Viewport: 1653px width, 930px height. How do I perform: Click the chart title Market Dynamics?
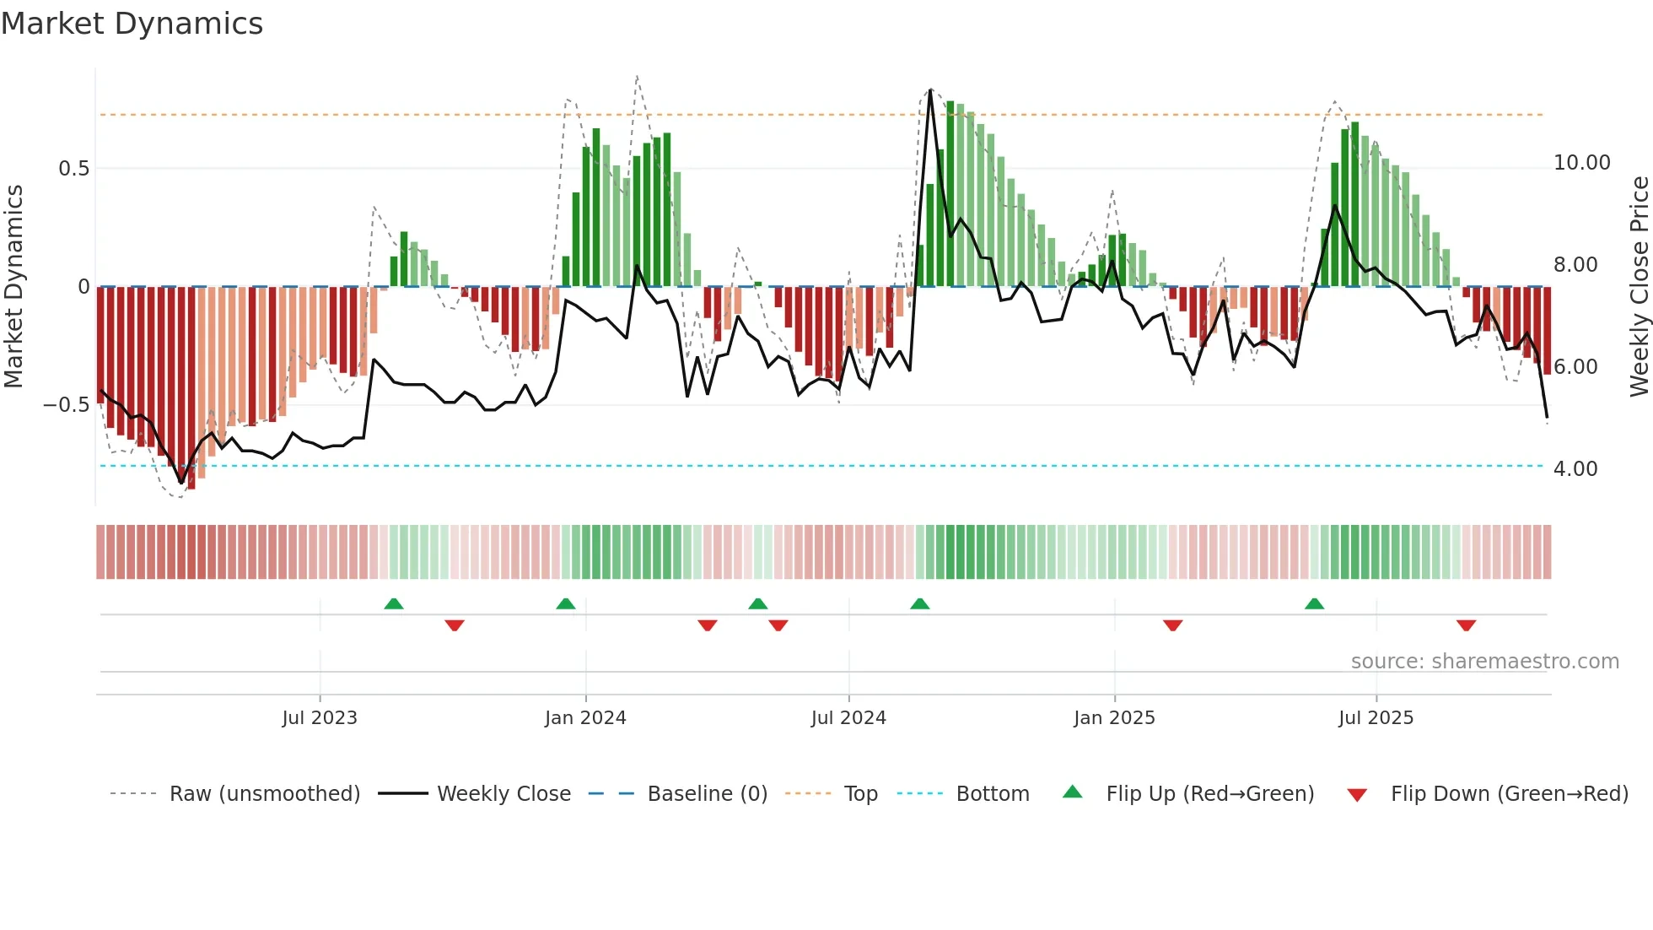coord(132,24)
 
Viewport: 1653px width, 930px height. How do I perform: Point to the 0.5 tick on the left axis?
coord(74,169)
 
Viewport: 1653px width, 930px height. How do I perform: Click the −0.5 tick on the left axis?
coord(67,405)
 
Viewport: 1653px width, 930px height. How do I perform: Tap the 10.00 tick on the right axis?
coord(1581,163)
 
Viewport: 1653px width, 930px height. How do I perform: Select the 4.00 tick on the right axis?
coord(1575,469)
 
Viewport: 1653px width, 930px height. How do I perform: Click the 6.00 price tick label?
coord(1575,367)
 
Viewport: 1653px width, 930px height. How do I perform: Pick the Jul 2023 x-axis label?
coord(320,718)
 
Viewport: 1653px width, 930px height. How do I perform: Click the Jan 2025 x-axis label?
coord(1114,718)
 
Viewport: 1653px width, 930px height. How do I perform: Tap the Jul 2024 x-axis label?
coord(848,718)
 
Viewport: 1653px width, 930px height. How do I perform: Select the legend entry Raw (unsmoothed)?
coord(264,794)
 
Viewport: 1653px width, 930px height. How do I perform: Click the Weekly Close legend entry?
coord(503,794)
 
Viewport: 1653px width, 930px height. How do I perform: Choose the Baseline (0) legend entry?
coord(707,794)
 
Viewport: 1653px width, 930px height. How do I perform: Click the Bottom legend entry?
coord(992,794)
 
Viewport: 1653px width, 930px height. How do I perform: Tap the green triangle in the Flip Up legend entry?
coord(1072,792)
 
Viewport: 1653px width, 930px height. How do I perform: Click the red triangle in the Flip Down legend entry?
coord(1357,795)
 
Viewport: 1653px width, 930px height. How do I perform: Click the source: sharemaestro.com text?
coord(1484,662)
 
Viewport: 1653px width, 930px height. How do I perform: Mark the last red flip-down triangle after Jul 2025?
coord(1466,625)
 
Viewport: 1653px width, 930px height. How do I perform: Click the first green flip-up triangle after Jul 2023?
coord(394,603)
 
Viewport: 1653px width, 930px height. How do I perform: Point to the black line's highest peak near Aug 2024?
coord(930,89)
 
